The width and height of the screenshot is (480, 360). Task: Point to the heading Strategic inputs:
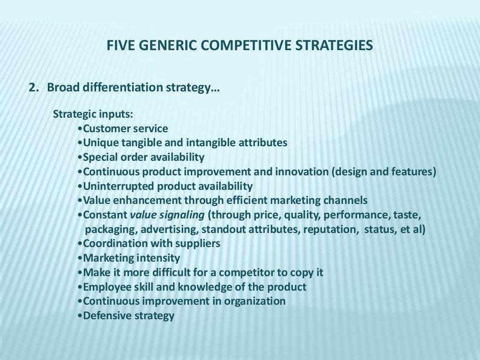(93, 114)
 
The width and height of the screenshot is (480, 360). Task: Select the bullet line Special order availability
(143, 157)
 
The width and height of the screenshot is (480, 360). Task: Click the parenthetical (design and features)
(384, 172)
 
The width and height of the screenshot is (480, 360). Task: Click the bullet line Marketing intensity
(131, 258)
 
